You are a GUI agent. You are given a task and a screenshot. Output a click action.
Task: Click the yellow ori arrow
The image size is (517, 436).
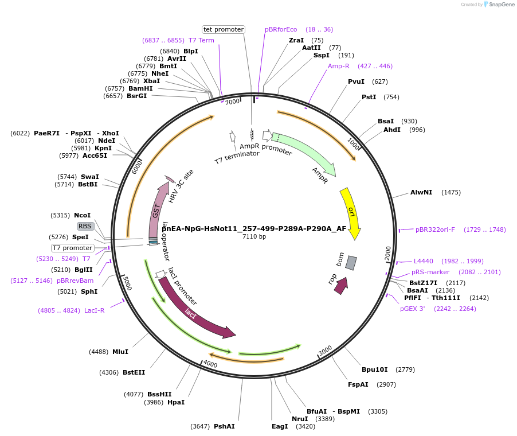coord(351,212)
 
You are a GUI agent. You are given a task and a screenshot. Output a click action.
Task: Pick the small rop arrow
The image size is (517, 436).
coord(341,285)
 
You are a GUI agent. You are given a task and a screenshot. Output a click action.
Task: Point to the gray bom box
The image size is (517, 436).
coord(351,263)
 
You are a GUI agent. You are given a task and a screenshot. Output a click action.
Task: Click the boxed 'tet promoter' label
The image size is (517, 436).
coord(224,29)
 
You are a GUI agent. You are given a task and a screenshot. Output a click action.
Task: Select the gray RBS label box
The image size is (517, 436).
coord(85,226)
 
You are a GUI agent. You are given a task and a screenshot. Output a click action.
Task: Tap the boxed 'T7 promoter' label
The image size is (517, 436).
coord(72,248)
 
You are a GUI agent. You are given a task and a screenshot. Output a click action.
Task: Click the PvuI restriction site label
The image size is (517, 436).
coord(356,81)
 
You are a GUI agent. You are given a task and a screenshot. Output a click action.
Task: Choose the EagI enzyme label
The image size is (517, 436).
coord(280,426)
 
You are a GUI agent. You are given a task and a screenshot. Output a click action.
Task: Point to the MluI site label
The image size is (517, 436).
coord(120,352)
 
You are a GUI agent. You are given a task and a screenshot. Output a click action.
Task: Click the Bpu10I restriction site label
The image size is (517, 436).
coord(375,369)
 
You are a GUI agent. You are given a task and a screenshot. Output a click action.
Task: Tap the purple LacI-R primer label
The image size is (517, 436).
coord(94,310)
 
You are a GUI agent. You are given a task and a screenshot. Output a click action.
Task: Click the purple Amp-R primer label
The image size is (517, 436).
coord(338,66)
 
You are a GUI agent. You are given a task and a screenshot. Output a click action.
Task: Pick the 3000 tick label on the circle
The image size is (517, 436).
coord(325,350)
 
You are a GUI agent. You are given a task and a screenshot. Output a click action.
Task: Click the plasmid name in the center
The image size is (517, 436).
coord(254,228)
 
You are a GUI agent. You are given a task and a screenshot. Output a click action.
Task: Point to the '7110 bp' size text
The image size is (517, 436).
coord(254,236)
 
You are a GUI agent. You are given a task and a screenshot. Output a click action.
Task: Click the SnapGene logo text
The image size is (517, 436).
coord(500,5)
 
